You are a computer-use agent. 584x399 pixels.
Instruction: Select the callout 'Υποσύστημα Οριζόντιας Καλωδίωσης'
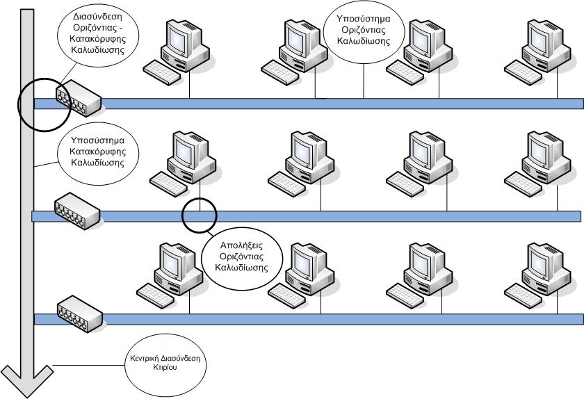point(362,31)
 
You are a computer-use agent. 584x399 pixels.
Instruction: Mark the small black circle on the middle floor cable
point(199,216)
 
